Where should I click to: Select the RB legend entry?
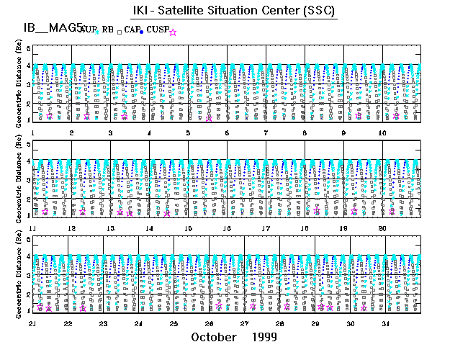[x=109, y=30]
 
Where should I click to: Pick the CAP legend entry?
[x=131, y=30]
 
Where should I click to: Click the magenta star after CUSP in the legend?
[x=173, y=32]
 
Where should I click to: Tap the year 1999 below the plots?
[x=266, y=337]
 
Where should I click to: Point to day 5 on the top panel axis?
[x=188, y=133]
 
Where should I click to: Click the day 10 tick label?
[x=382, y=133]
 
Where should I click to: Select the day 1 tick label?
[x=33, y=133]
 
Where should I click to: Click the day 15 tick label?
[x=188, y=228]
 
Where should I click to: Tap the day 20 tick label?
[x=382, y=228]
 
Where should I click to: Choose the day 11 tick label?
[x=33, y=228]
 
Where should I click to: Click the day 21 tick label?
[x=33, y=323]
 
